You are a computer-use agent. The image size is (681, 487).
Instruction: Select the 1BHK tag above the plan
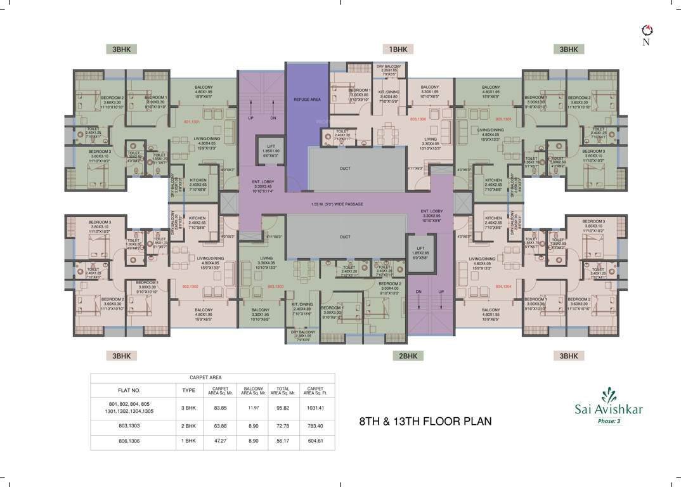(398, 49)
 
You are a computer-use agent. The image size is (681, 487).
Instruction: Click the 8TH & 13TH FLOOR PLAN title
(425, 421)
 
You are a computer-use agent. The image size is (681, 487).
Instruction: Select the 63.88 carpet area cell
(220, 427)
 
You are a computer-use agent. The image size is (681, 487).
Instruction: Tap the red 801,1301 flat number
(191, 121)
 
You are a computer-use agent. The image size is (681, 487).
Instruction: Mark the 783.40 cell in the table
(316, 427)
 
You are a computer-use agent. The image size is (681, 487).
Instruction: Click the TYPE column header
(188, 390)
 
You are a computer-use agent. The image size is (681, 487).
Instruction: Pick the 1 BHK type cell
(188, 441)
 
